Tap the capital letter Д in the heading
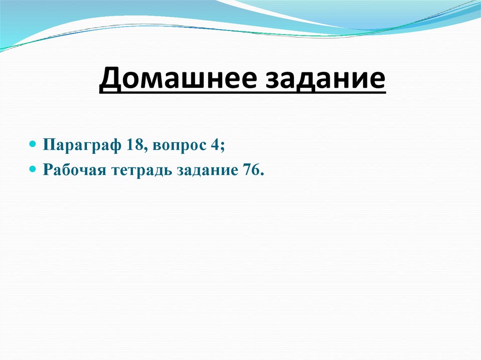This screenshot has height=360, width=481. click(109, 78)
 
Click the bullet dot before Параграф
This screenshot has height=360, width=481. click(33, 143)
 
